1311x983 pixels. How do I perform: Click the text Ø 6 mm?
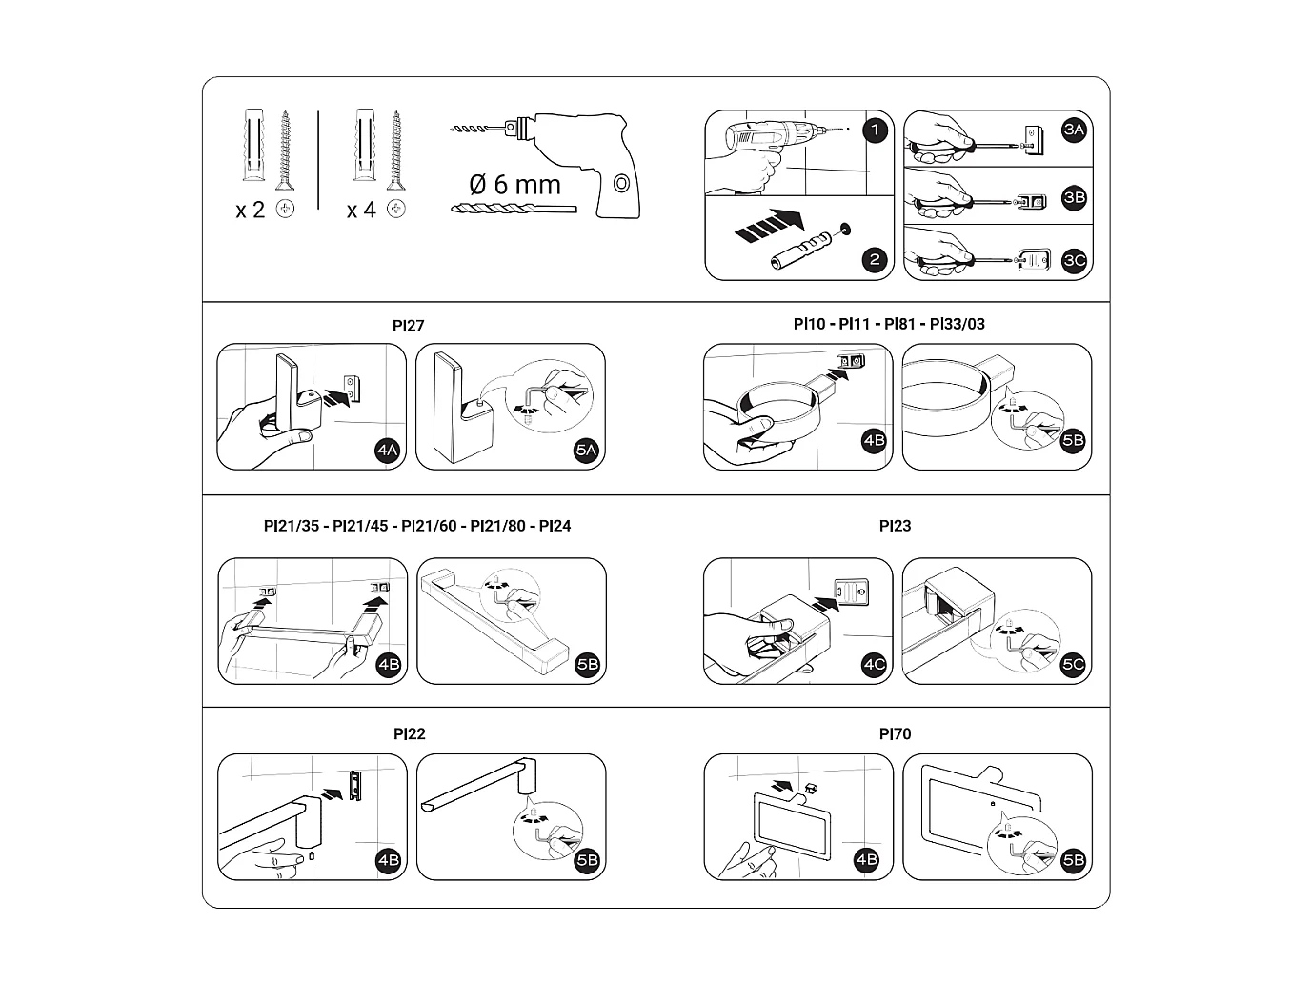point(514,184)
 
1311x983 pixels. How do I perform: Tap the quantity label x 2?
point(250,210)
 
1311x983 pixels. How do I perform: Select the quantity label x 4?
point(361,210)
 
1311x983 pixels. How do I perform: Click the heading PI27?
point(408,326)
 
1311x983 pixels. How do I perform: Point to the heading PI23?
point(895,526)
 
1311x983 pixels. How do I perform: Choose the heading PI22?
point(409,734)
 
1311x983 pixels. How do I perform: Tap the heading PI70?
point(895,734)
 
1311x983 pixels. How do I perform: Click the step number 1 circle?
point(875,130)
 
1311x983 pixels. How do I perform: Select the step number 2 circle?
point(875,259)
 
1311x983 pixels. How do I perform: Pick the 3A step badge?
point(1075,130)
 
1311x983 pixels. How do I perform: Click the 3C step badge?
point(1075,260)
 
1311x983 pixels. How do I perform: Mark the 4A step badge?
point(387,450)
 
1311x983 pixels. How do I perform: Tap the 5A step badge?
point(587,450)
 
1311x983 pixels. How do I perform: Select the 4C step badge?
point(874,664)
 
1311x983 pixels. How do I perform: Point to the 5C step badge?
point(1074,664)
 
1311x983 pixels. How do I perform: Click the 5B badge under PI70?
point(1074,860)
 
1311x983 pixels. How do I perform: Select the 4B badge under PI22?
point(388,860)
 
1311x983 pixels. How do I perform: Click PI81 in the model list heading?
point(901,324)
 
